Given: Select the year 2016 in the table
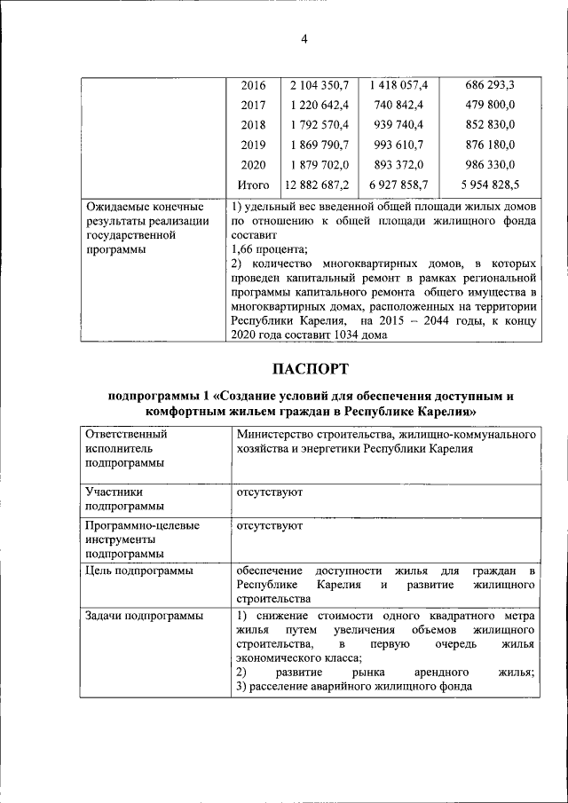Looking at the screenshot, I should (x=253, y=85).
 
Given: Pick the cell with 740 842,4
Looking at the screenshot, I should (x=398, y=105).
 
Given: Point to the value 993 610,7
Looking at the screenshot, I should (x=398, y=145).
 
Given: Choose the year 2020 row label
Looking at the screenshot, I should (x=253, y=165).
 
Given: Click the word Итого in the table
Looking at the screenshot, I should (x=253, y=185).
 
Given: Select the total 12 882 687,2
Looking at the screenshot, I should (x=317, y=185).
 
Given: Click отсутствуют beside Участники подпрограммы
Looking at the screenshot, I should (x=269, y=491).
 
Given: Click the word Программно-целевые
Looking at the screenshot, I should (x=142, y=525).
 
